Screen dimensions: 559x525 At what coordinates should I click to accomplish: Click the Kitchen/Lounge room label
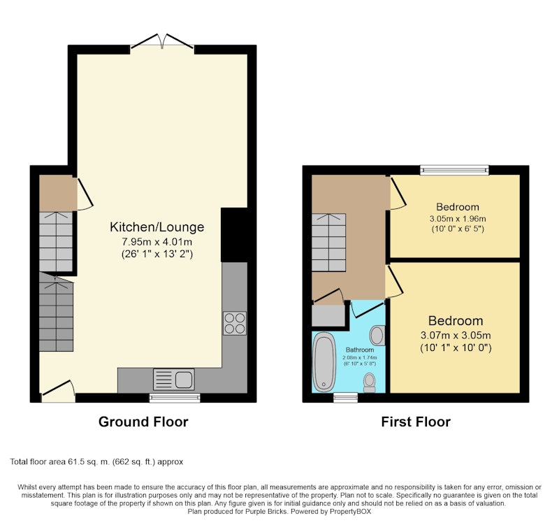point(157,226)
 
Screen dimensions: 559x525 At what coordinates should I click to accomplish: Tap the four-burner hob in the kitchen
point(235,323)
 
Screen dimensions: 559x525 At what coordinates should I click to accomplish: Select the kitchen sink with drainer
point(174,380)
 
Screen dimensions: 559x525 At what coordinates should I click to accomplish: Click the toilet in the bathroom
point(370,382)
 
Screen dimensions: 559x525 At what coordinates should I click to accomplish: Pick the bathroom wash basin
point(377,336)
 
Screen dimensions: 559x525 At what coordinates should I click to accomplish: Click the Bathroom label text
point(360,350)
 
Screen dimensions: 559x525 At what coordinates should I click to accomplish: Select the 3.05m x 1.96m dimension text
point(458,219)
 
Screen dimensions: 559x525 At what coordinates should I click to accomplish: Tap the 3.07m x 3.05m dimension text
point(456,336)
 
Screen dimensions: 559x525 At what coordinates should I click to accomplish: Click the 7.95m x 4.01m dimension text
point(157,242)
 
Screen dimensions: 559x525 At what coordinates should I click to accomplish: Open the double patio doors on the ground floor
point(162,42)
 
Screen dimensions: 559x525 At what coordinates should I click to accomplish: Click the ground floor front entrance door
point(58,391)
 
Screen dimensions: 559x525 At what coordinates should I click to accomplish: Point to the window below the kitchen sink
point(175,398)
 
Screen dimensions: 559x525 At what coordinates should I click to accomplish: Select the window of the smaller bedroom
point(455,170)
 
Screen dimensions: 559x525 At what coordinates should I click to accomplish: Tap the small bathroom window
point(345,398)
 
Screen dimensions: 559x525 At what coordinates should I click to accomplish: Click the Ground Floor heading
point(143,422)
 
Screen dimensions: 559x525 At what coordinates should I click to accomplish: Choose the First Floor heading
point(416,422)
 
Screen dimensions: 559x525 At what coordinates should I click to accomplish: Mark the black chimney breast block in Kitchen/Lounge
point(234,235)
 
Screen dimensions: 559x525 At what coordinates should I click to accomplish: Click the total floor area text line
point(96,462)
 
